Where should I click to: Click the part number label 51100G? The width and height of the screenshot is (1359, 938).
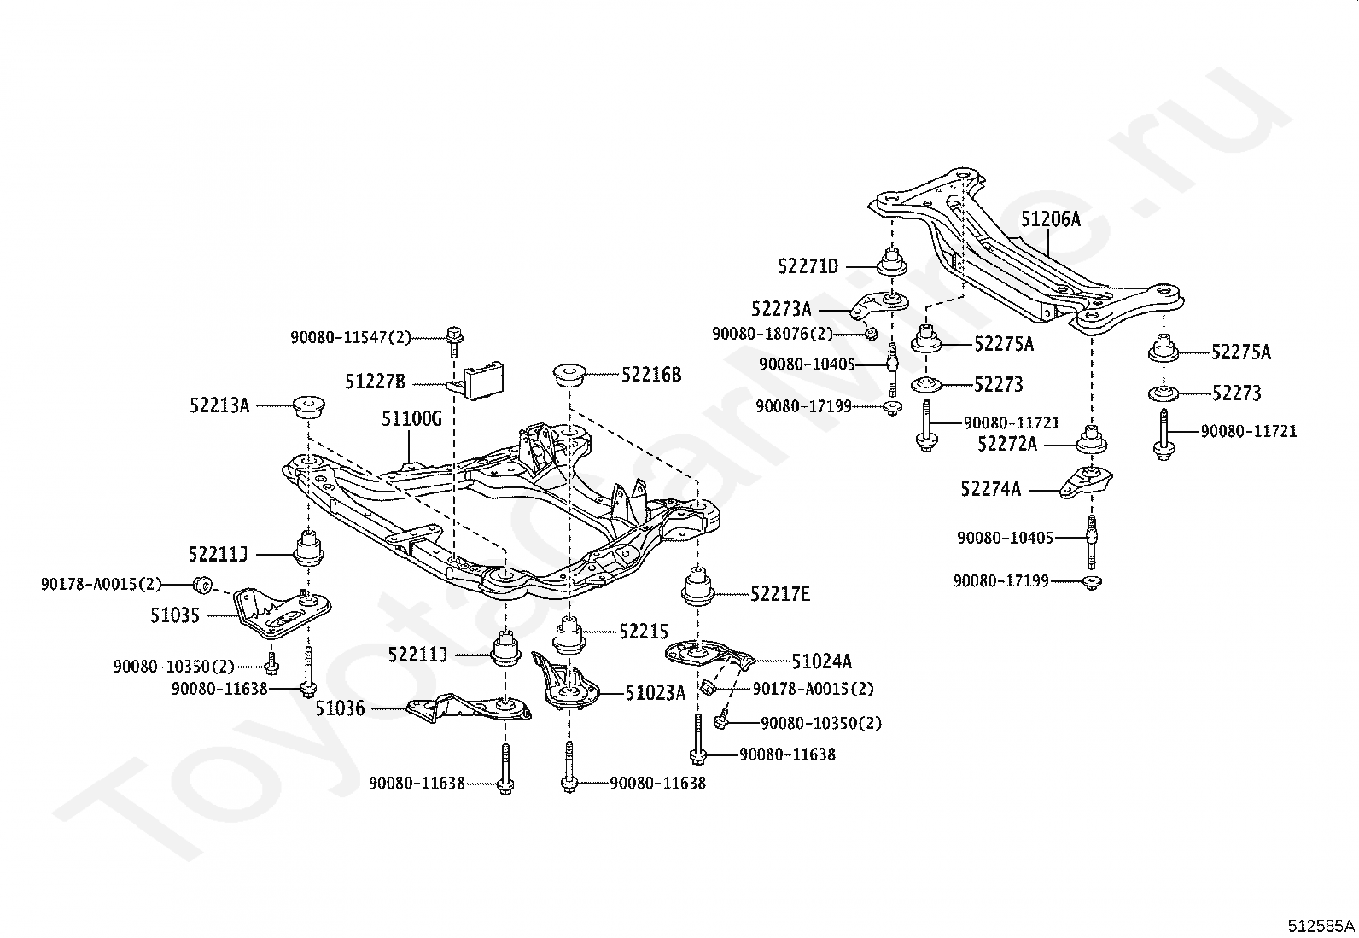[411, 418]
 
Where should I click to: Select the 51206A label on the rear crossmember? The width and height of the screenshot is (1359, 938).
[1050, 219]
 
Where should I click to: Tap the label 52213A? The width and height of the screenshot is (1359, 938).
[219, 405]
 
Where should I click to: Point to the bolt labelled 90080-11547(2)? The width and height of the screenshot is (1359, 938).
[454, 341]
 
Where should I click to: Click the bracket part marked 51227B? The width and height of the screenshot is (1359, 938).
[479, 380]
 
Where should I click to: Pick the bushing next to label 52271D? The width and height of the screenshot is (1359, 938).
[892, 262]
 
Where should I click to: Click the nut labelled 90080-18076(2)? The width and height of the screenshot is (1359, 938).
[871, 333]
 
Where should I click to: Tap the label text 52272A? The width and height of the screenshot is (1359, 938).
[1007, 445]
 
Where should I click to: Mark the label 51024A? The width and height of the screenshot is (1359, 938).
[822, 662]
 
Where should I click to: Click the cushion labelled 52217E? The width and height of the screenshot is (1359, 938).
[697, 588]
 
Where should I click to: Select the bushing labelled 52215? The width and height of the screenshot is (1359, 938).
[569, 635]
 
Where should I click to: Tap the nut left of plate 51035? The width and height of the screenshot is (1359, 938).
[202, 585]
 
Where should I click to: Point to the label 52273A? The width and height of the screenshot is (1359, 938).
[781, 310]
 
